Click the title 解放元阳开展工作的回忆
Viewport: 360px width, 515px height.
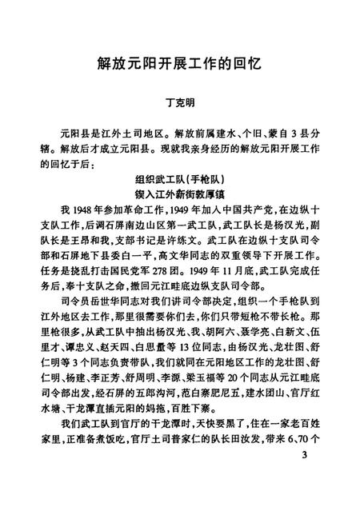click(179, 63)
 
